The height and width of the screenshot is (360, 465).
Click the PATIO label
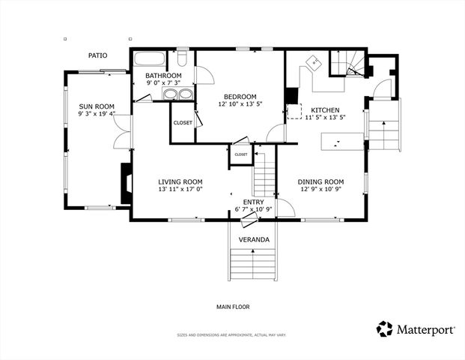97,55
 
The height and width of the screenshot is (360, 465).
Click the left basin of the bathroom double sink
169,94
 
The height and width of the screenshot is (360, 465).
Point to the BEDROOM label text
237,96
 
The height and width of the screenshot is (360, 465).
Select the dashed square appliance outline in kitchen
296,112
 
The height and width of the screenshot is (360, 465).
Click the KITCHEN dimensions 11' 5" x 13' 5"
324,117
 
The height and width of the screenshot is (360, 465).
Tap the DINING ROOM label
320,181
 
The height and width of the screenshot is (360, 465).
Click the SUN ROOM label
96,106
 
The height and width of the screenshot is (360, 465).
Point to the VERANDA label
254,239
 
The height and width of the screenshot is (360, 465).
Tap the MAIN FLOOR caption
233,306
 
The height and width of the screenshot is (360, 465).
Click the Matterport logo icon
385,329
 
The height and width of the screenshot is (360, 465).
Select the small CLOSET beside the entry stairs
240,154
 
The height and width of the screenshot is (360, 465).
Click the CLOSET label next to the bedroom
183,122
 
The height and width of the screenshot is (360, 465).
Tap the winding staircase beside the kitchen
348,64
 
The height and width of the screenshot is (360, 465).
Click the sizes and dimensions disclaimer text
231,335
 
